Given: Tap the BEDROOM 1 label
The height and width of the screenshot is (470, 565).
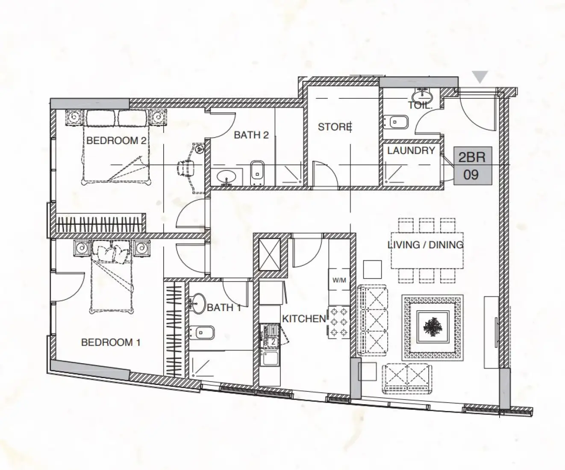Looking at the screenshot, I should (111, 342).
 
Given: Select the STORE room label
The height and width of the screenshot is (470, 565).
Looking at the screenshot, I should (335, 127).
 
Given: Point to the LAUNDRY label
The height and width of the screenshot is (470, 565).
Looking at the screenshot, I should (411, 150).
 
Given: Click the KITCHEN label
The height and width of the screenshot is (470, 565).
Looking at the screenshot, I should (304, 319).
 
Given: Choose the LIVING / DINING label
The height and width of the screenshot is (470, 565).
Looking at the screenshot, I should (425, 245).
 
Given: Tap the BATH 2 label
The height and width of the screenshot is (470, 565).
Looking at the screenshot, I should (251, 135).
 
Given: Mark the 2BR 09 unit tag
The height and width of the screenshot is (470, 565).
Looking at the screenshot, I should (472, 166).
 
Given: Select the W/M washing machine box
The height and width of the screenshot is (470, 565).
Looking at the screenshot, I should (339, 281).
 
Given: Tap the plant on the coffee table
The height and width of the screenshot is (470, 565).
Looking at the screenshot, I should (432, 327).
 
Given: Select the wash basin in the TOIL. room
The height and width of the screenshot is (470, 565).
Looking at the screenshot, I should (424, 95).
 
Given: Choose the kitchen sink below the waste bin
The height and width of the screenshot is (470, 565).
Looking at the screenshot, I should (270, 358).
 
